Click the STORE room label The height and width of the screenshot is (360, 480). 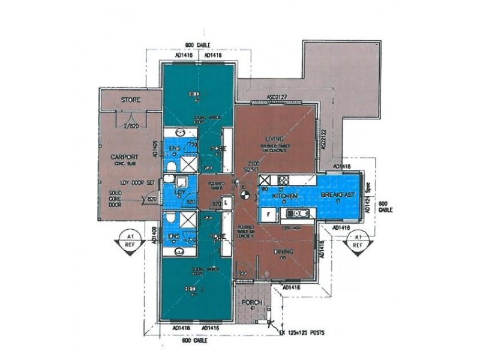(130, 100)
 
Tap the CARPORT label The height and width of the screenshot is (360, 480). (125, 157)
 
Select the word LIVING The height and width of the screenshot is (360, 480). (274, 140)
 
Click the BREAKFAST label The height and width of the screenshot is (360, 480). (338, 196)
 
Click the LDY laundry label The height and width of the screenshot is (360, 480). (179, 192)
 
